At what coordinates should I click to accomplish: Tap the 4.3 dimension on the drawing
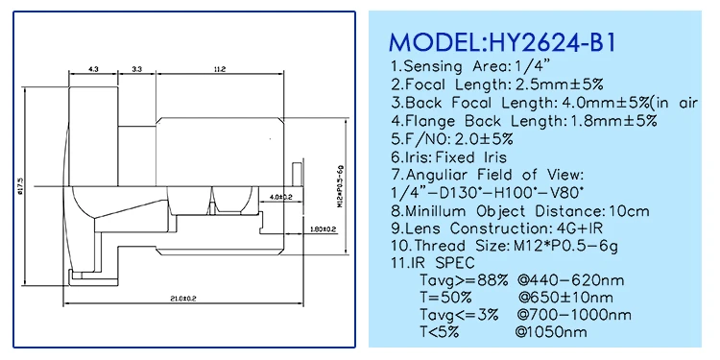pyautogui.click(x=94, y=69)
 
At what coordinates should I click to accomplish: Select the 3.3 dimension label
pyautogui.click(x=136, y=69)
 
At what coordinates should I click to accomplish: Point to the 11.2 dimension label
pyautogui.click(x=220, y=69)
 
